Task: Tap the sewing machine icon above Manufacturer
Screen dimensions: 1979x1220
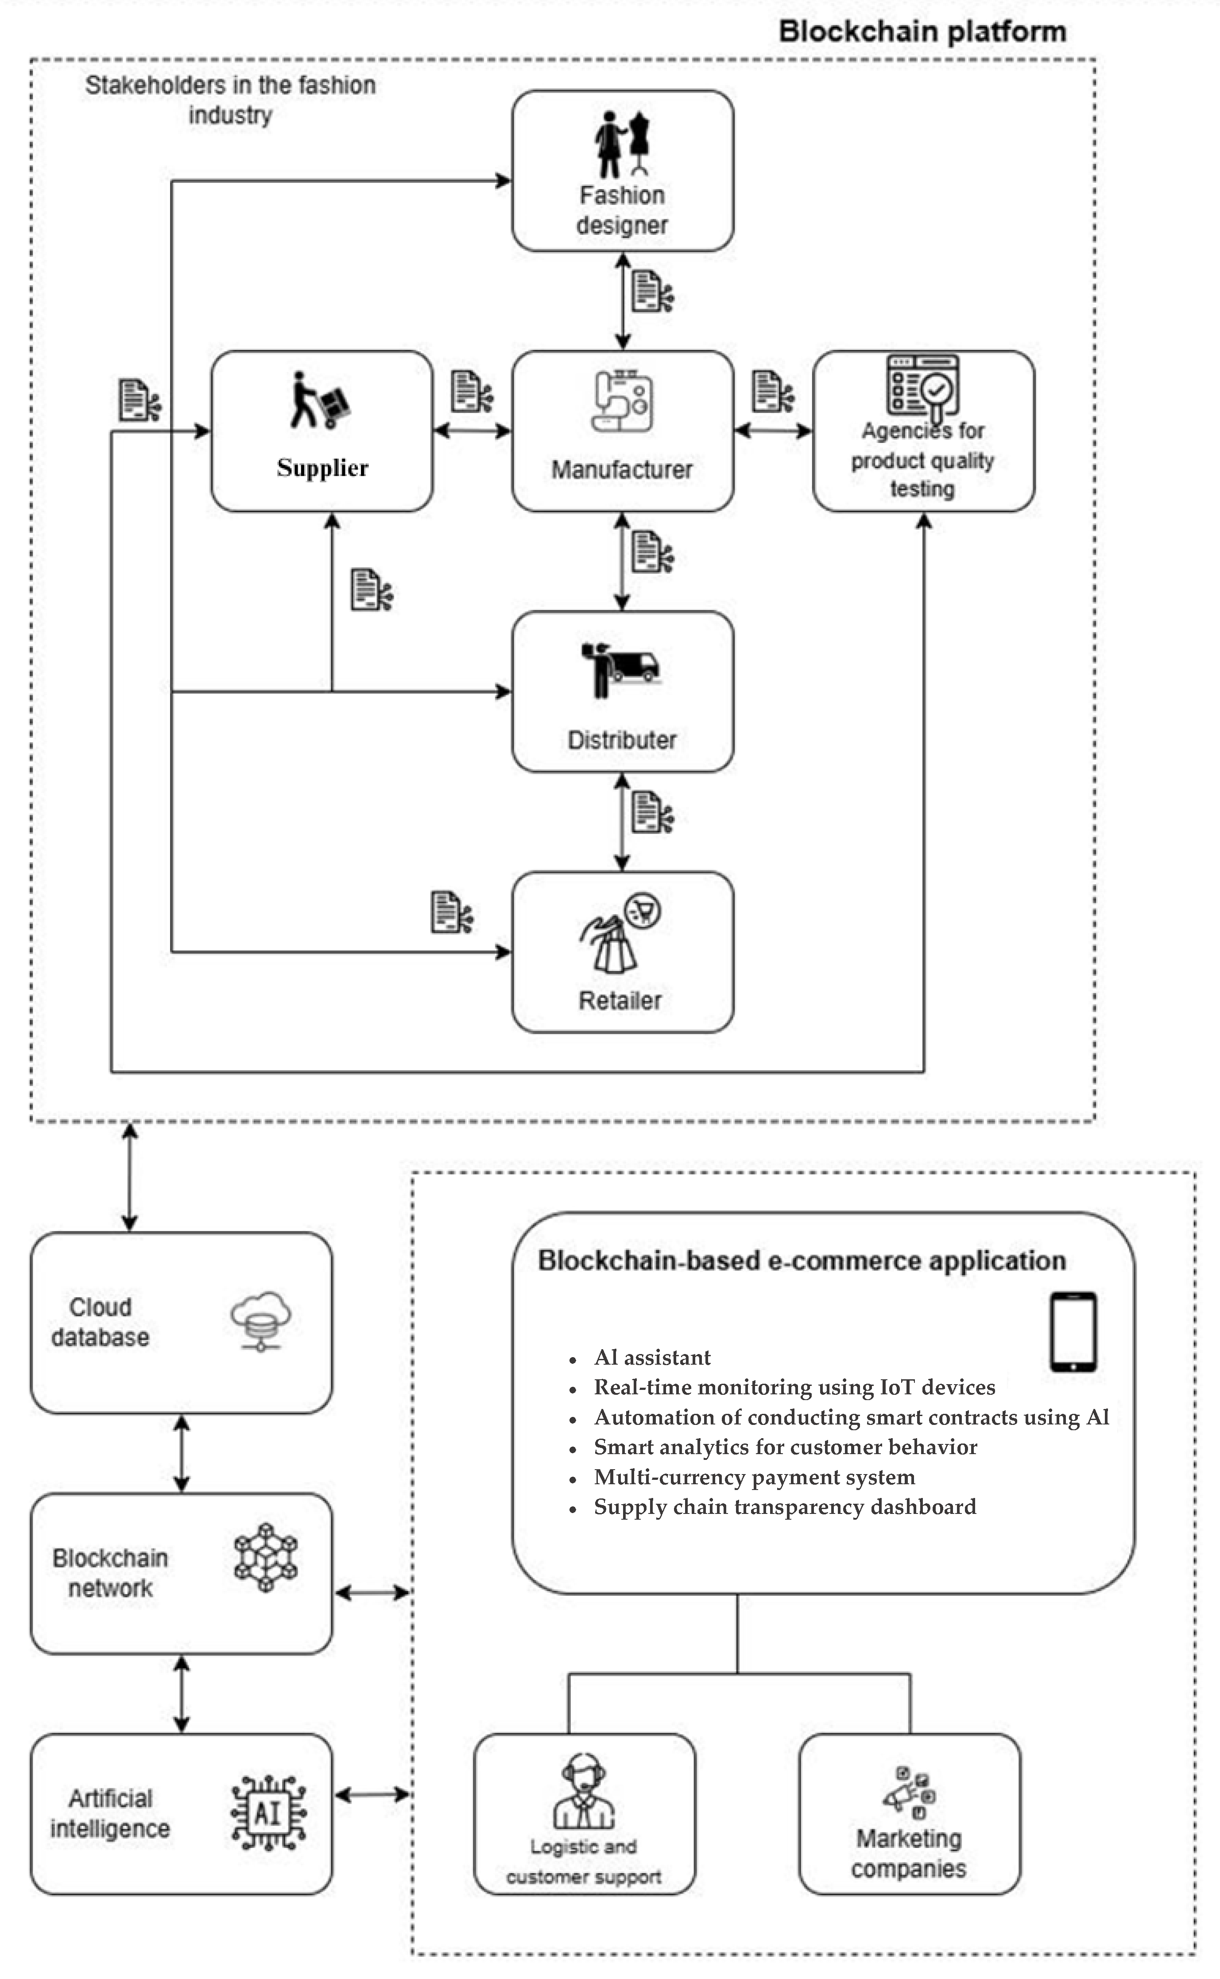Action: (622, 401)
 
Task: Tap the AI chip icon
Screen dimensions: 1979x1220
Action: (268, 1813)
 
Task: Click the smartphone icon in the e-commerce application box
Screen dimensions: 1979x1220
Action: (1073, 1332)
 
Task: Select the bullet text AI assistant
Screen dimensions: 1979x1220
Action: (652, 1358)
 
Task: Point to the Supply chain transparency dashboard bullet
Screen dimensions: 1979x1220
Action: (784, 1507)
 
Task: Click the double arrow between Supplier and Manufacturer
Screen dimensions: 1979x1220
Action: (472, 431)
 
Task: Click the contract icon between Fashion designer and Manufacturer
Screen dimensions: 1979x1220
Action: (652, 291)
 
